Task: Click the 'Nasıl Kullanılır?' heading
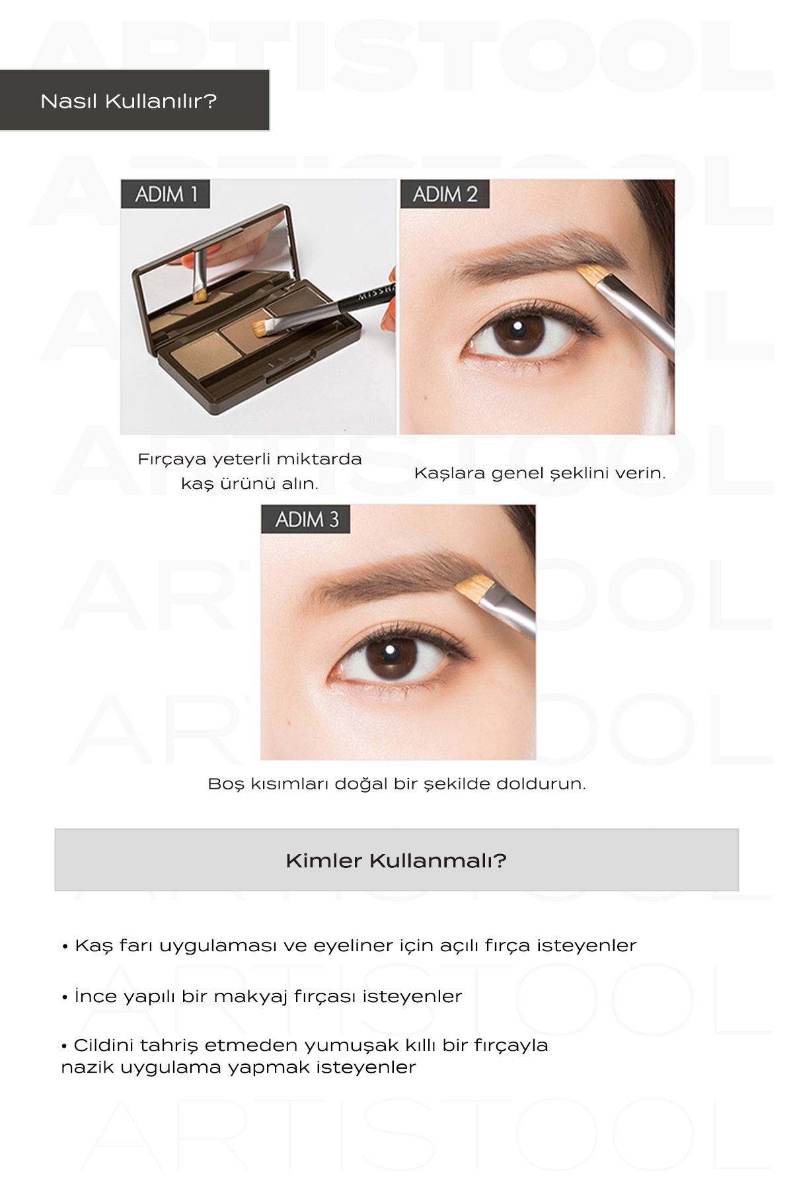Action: [129, 101]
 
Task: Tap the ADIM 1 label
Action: [166, 194]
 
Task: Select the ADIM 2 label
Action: [445, 194]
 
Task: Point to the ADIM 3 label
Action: [306, 519]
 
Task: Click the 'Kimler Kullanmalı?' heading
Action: [397, 861]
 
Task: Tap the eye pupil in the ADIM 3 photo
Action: [391, 655]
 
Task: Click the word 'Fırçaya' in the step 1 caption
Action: [172, 460]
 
